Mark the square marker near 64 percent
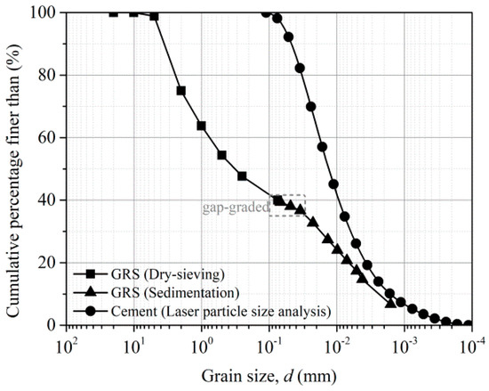(x=202, y=126)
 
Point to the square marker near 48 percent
(x=242, y=176)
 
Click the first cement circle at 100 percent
(x=266, y=13)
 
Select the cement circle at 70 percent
(x=311, y=107)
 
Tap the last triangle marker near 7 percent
(x=390, y=304)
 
